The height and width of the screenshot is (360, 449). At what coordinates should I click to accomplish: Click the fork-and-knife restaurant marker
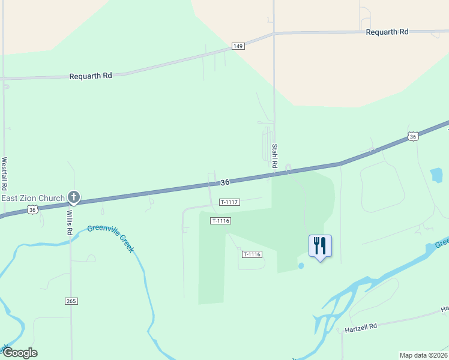pyautogui.click(x=320, y=246)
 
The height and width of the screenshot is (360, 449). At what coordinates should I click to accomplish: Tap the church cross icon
pyautogui.click(x=74, y=197)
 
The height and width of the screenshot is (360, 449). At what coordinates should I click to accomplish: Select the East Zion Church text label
pyautogui.click(x=33, y=197)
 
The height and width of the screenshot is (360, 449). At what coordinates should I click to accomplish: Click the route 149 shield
pyautogui.click(x=238, y=46)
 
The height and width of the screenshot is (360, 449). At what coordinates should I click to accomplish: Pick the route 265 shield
pyautogui.click(x=71, y=300)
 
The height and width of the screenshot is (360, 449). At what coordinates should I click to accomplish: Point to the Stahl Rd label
pyautogui.click(x=274, y=155)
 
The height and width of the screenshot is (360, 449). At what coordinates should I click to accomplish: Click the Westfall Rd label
pyautogui.click(x=4, y=174)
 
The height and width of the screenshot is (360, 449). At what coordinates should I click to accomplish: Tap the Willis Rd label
pyautogui.click(x=70, y=222)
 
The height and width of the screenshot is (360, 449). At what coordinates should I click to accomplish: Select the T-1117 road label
pyautogui.click(x=230, y=202)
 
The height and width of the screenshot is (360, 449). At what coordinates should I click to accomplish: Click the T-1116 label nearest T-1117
pyautogui.click(x=221, y=221)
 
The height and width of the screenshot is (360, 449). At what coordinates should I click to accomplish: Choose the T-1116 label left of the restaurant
pyautogui.click(x=252, y=254)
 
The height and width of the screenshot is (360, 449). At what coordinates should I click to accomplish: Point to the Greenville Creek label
pyautogui.click(x=110, y=238)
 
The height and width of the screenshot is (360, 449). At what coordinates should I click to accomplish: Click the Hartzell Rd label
pyautogui.click(x=361, y=327)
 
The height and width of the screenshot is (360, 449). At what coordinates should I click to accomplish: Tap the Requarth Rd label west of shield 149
pyautogui.click(x=91, y=76)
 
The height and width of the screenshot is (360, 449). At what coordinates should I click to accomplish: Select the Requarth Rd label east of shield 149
pyautogui.click(x=387, y=32)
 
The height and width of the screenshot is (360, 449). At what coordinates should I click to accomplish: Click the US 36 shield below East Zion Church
pyautogui.click(x=33, y=209)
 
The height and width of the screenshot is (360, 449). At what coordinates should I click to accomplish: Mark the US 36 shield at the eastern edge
pyautogui.click(x=412, y=137)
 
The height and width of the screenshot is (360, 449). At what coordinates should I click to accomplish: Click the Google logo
pyautogui.click(x=19, y=353)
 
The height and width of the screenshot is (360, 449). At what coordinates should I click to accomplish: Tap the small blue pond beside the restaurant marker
pyautogui.click(x=301, y=266)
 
